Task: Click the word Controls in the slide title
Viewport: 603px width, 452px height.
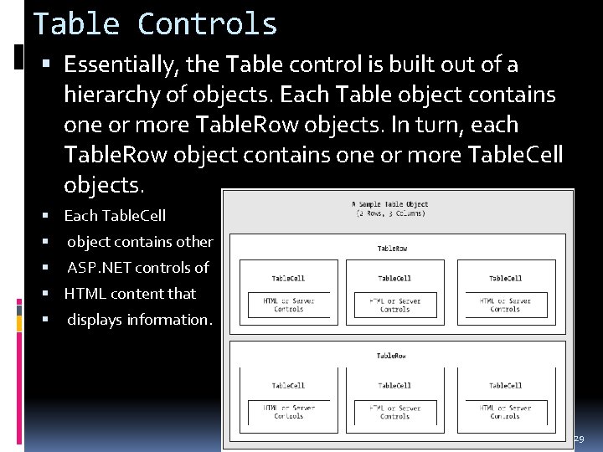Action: tap(207, 23)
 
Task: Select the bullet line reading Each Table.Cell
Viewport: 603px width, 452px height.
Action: tap(115, 215)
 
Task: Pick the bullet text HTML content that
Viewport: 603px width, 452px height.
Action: tap(130, 294)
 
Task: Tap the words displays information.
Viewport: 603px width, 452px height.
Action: tap(140, 320)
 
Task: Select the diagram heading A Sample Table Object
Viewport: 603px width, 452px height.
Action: tap(391, 203)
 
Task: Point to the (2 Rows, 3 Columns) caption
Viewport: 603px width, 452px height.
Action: tap(391, 213)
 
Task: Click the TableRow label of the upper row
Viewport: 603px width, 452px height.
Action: tap(393, 249)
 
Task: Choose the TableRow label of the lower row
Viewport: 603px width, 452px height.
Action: tap(393, 356)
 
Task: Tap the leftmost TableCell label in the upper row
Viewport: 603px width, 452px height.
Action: tap(288, 278)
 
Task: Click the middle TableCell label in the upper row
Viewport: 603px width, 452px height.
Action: tap(394, 278)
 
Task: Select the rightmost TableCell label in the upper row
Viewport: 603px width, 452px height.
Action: tap(505, 278)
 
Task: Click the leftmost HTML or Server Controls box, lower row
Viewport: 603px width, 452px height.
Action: tap(288, 411)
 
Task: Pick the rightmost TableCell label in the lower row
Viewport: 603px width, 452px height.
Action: tap(505, 385)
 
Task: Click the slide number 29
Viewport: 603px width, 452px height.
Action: tap(578, 439)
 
